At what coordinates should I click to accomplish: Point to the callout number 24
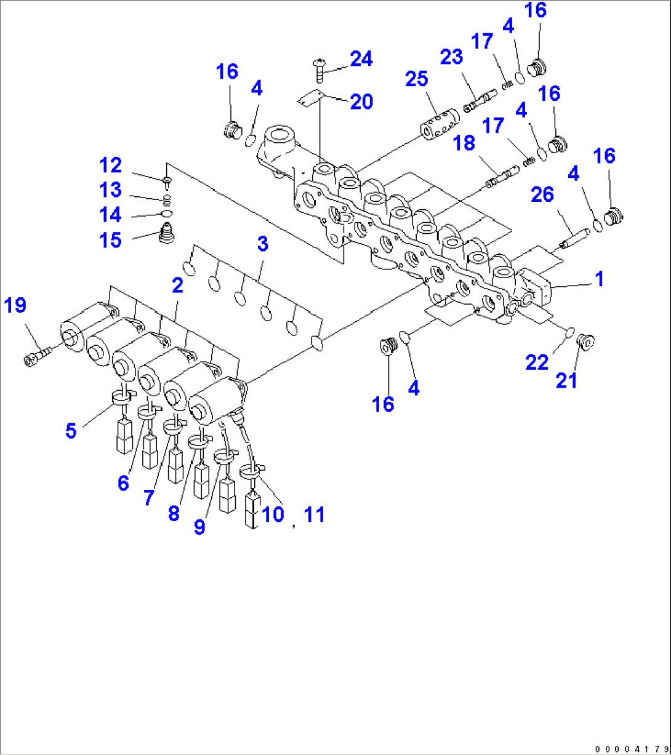click(x=361, y=59)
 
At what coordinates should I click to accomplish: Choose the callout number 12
click(x=111, y=166)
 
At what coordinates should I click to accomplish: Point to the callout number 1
click(x=599, y=279)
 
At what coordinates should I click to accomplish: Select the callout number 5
click(x=71, y=431)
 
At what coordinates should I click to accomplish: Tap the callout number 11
click(x=314, y=514)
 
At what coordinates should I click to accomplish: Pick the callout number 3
click(x=263, y=244)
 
